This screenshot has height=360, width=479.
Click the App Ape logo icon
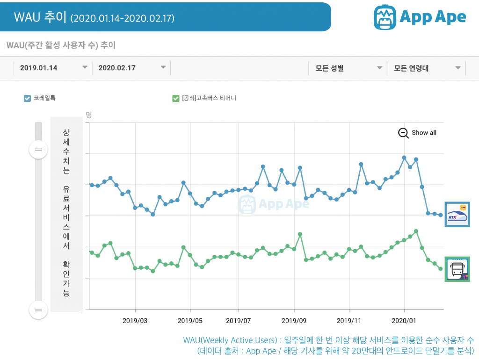tap(385, 17)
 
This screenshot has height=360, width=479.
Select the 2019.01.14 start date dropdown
tap(52, 68)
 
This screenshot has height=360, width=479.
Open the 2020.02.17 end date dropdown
tap(131, 68)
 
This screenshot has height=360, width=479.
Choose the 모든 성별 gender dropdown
tap(347, 68)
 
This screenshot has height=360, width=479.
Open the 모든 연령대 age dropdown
tap(426, 68)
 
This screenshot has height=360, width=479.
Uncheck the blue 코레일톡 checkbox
tap(27, 98)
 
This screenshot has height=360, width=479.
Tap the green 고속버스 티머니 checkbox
tap(176, 98)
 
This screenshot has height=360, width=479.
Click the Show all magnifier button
tap(403, 133)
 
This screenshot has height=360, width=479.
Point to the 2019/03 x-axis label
tap(135, 321)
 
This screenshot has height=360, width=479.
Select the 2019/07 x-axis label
tap(238, 321)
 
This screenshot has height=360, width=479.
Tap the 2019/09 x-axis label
tap(294, 321)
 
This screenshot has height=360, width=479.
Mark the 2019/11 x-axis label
tap(349, 321)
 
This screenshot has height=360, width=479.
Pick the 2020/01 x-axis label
tap(404, 321)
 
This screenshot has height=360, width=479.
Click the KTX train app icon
tap(457, 215)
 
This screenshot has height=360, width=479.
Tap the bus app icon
tap(457, 269)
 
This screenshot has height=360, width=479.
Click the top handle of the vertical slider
tap(38, 150)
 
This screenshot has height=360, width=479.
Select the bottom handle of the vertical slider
tap(38, 310)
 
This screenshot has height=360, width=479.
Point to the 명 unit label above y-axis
tap(89, 115)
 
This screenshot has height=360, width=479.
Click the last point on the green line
tap(440, 269)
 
